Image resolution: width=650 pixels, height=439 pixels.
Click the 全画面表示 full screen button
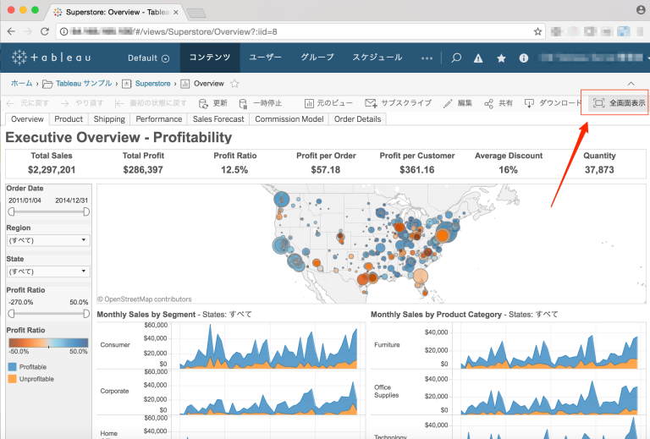(x=619, y=103)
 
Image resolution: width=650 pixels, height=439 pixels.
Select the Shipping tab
(x=109, y=119)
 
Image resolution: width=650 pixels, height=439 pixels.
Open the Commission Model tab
(x=289, y=119)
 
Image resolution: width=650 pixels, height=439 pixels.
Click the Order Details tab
(x=357, y=119)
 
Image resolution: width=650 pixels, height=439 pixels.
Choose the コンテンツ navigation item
(x=209, y=58)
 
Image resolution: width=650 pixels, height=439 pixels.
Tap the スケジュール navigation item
(x=377, y=58)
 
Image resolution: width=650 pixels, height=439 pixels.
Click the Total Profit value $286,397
(x=143, y=170)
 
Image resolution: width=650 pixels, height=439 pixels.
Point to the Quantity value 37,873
(x=599, y=170)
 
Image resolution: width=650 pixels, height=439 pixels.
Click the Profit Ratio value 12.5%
(x=234, y=170)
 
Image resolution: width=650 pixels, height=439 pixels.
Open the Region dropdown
(x=48, y=240)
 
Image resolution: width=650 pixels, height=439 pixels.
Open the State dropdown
(x=48, y=272)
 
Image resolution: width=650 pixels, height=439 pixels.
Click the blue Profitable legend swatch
(x=11, y=367)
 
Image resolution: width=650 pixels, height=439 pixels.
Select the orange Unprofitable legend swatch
(x=11, y=379)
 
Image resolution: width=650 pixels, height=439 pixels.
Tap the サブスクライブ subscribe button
(x=399, y=103)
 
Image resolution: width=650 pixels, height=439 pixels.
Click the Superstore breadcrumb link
(x=152, y=84)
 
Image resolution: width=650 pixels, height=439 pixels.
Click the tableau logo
(x=52, y=58)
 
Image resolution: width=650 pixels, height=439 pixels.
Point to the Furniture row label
(x=388, y=345)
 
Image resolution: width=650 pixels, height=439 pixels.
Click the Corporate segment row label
(x=115, y=391)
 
